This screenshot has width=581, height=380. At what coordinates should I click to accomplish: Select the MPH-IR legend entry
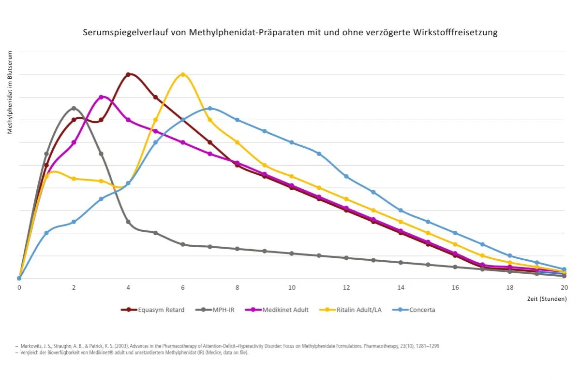click(x=224, y=310)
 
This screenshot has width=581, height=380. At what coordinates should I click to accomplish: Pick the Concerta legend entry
click(x=422, y=310)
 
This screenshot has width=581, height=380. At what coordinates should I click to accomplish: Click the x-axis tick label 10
click(x=292, y=287)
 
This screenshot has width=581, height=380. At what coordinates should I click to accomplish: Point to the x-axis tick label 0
click(x=19, y=287)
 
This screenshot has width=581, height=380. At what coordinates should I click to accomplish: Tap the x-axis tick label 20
click(x=564, y=287)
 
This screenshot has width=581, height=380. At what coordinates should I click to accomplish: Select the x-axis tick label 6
click(x=183, y=287)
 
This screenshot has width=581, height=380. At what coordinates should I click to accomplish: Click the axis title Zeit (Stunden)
click(x=547, y=299)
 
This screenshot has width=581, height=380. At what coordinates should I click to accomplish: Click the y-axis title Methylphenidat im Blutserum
click(x=10, y=91)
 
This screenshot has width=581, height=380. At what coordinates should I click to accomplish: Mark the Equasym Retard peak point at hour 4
click(x=128, y=74)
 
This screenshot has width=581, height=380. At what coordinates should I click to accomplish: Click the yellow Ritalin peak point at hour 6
click(x=183, y=74)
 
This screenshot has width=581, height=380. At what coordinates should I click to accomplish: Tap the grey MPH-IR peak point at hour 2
click(x=74, y=108)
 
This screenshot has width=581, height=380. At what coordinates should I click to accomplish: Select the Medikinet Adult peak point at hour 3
click(x=101, y=97)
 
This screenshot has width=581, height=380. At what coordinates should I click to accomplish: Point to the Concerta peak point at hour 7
click(x=210, y=108)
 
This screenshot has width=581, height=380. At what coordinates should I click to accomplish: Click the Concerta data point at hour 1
click(x=46, y=233)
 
